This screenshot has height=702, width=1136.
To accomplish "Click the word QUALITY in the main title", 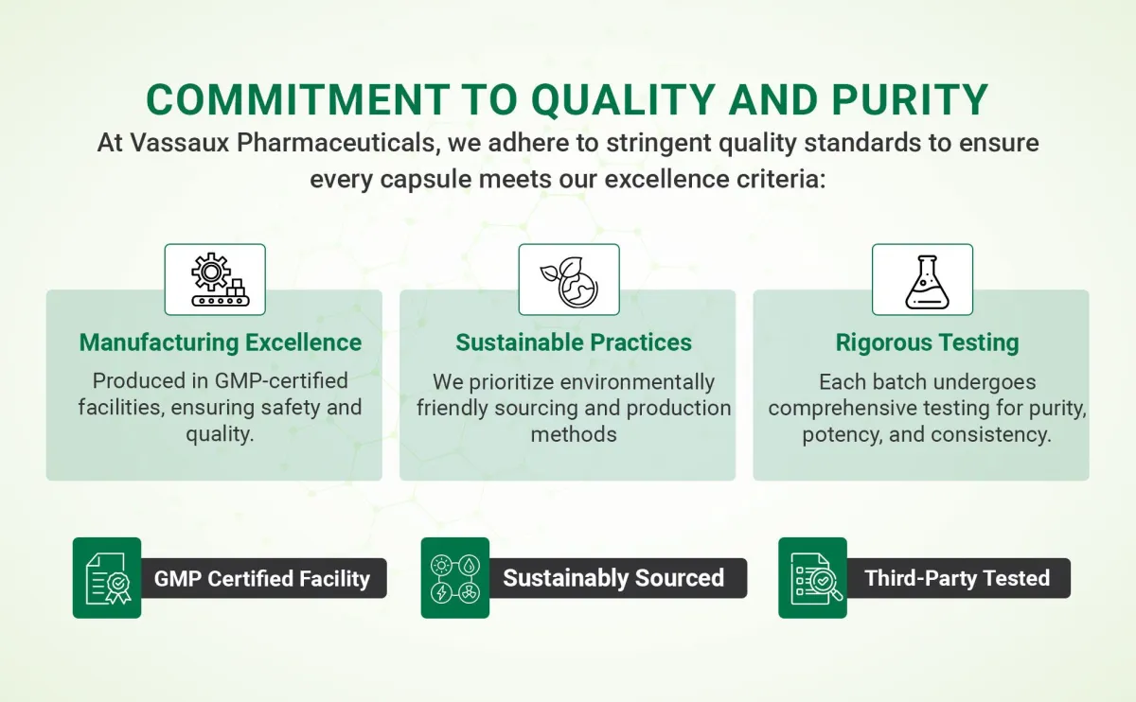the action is pos(623,100).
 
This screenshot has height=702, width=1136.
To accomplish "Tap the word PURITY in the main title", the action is pos(910,99).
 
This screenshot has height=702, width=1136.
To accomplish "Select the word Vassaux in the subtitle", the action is pos(180,143).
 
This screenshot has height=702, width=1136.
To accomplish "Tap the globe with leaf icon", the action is pos(569,282).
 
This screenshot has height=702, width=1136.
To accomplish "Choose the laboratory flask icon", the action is pos(927,282).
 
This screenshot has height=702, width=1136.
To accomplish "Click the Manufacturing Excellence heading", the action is pos(221,342).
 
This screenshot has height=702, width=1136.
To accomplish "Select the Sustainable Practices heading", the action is pos(574,342).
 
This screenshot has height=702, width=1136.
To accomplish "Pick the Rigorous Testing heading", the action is pos(927,342).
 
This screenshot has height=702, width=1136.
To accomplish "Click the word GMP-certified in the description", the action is pos(281,380).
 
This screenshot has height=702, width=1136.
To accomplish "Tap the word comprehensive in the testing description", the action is pos(879,409).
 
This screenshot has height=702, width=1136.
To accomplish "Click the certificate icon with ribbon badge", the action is pos(108,578).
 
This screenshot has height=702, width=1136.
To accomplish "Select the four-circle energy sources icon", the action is pos(455,578).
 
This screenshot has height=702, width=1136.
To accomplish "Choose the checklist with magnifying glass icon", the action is pos(815,579).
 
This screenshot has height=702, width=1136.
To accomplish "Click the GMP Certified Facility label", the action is pos(262,578).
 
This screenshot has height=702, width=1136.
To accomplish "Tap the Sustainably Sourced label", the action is pos(613,578).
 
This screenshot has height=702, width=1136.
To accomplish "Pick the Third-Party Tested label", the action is pos(957,578).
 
